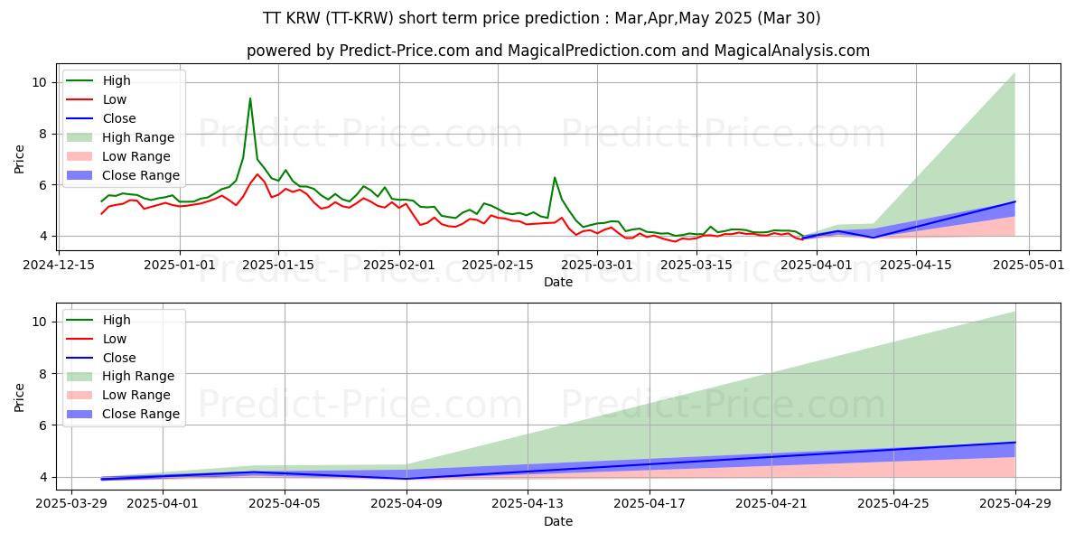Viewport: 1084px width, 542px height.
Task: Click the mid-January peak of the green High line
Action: [250, 98]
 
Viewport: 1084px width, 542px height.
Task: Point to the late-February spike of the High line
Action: [555, 178]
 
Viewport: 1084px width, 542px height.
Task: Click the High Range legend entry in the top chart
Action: [138, 137]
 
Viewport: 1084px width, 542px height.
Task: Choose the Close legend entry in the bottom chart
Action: [119, 358]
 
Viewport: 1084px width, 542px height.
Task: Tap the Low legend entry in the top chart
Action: [115, 99]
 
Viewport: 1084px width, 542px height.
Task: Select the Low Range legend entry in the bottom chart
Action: [136, 396]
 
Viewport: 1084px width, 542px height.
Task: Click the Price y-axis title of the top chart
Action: [19, 159]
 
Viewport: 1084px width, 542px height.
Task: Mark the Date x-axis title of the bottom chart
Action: [557, 521]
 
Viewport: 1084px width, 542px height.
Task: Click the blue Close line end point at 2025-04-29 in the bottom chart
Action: [1014, 443]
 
